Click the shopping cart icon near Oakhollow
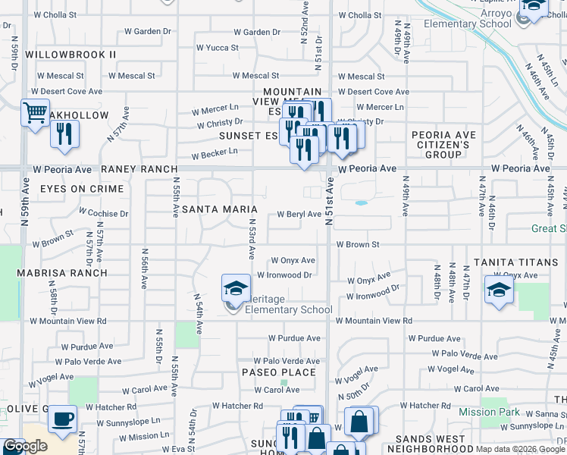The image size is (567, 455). pyautogui.click(x=35, y=113)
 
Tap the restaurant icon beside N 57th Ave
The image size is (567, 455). pyautogui.click(x=65, y=133)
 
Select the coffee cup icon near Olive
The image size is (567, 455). pyautogui.click(x=62, y=418)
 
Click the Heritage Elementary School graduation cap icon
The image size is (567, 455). pyautogui.click(x=236, y=289)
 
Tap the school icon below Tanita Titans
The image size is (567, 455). pyautogui.click(x=498, y=290)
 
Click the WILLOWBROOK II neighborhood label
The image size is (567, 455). pyautogui.click(x=70, y=55)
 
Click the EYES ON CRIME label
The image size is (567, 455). pyautogui.click(x=81, y=188)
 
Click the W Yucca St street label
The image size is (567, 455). pyautogui.click(x=217, y=47)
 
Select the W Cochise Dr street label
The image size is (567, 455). pyautogui.click(x=104, y=214)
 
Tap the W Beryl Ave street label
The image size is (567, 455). pyautogui.click(x=299, y=214)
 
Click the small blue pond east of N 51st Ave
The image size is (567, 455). pyautogui.click(x=361, y=202)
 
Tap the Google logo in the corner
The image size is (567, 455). pyautogui.click(x=25, y=446)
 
